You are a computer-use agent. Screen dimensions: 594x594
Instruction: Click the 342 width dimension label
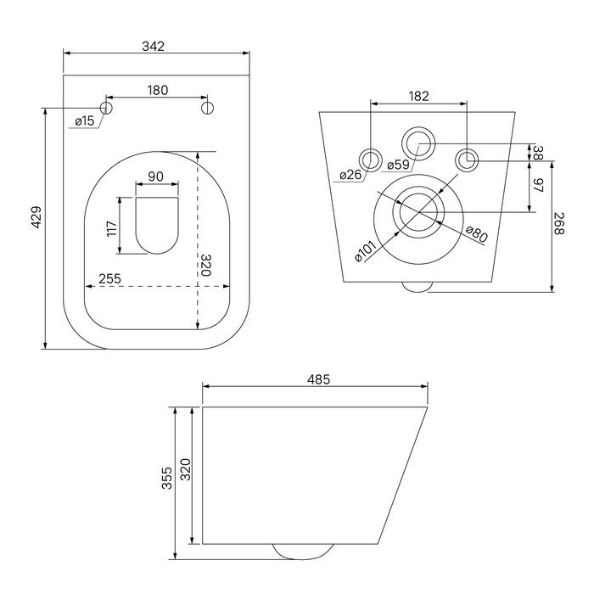154,46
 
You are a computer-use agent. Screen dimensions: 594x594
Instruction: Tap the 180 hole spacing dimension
157,90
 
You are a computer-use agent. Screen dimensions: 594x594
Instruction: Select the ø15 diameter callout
85,121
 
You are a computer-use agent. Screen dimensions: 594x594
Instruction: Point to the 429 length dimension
36,217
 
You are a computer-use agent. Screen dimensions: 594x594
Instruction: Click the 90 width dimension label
155,177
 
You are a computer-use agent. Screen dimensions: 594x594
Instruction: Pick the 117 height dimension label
112,229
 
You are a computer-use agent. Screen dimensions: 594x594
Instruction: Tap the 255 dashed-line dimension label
109,279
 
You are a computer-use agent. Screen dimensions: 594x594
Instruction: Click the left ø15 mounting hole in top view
106,108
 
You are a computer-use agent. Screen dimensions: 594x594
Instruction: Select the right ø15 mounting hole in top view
207,108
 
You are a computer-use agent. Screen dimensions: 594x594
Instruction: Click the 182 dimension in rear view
418,96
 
